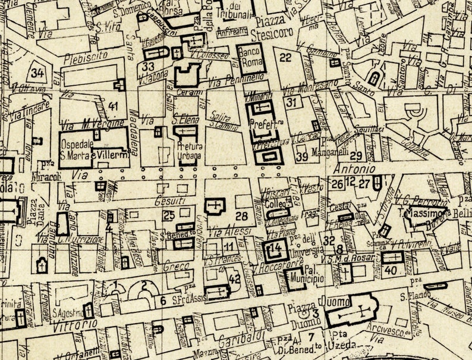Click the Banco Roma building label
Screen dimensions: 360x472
point(250,58)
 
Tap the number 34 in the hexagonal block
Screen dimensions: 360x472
point(38,73)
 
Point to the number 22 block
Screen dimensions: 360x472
point(286,57)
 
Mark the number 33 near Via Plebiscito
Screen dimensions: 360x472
point(148,66)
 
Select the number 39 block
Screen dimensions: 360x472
point(302,156)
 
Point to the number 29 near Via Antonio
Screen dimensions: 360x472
point(356,156)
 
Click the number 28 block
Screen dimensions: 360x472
point(241,215)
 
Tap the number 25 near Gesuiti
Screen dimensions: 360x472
point(169,215)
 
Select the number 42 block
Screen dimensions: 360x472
point(235,278)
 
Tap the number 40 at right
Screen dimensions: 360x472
point(390,269)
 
